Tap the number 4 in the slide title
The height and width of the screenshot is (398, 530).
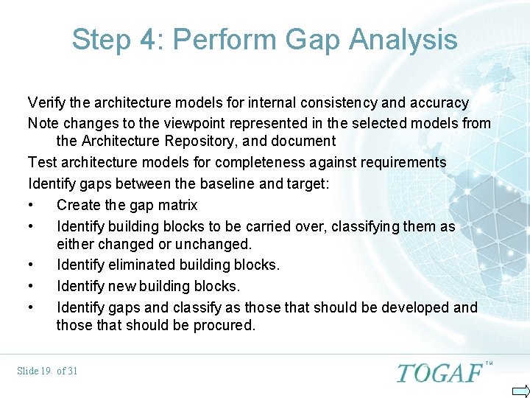149,39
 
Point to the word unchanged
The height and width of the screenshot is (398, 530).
216,244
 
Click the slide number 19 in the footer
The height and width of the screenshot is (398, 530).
44,371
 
